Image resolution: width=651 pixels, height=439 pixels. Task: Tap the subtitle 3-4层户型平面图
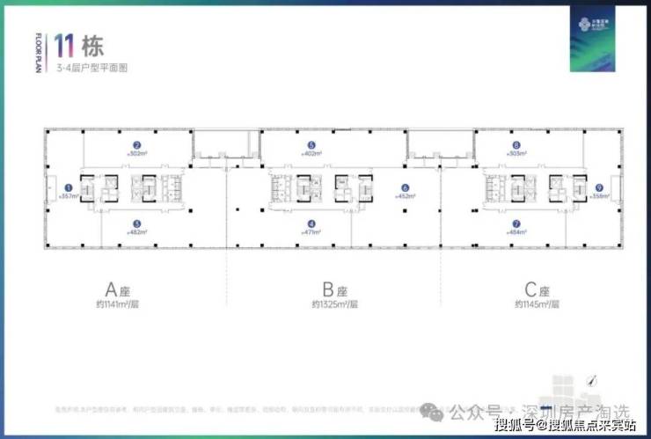pyautogui.click(x=91, y=67)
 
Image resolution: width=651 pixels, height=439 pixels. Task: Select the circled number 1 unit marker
pyautogui.click(x=69, y=187)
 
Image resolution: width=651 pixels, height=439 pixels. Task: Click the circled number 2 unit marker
pyautogui.click(x=137, y=145)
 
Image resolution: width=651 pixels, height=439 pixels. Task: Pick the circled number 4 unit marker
pyautogui.click(x=311, y=223)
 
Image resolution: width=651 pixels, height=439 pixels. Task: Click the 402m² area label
pyautogui.click(x=311, y=154)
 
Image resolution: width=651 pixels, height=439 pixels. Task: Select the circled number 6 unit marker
pyautogui.click(x=406, y=187)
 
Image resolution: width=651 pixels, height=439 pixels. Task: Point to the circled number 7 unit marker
pyautogui.click(x=516, y=223)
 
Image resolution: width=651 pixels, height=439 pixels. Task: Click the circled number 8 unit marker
pyautogui.click(x=516, y=145)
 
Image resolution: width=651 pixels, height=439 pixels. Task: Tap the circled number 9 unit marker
pyautogui.click(x=598, y=187)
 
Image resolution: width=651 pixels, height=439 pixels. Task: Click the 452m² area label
pyautogui.click(x=406, y=196)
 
